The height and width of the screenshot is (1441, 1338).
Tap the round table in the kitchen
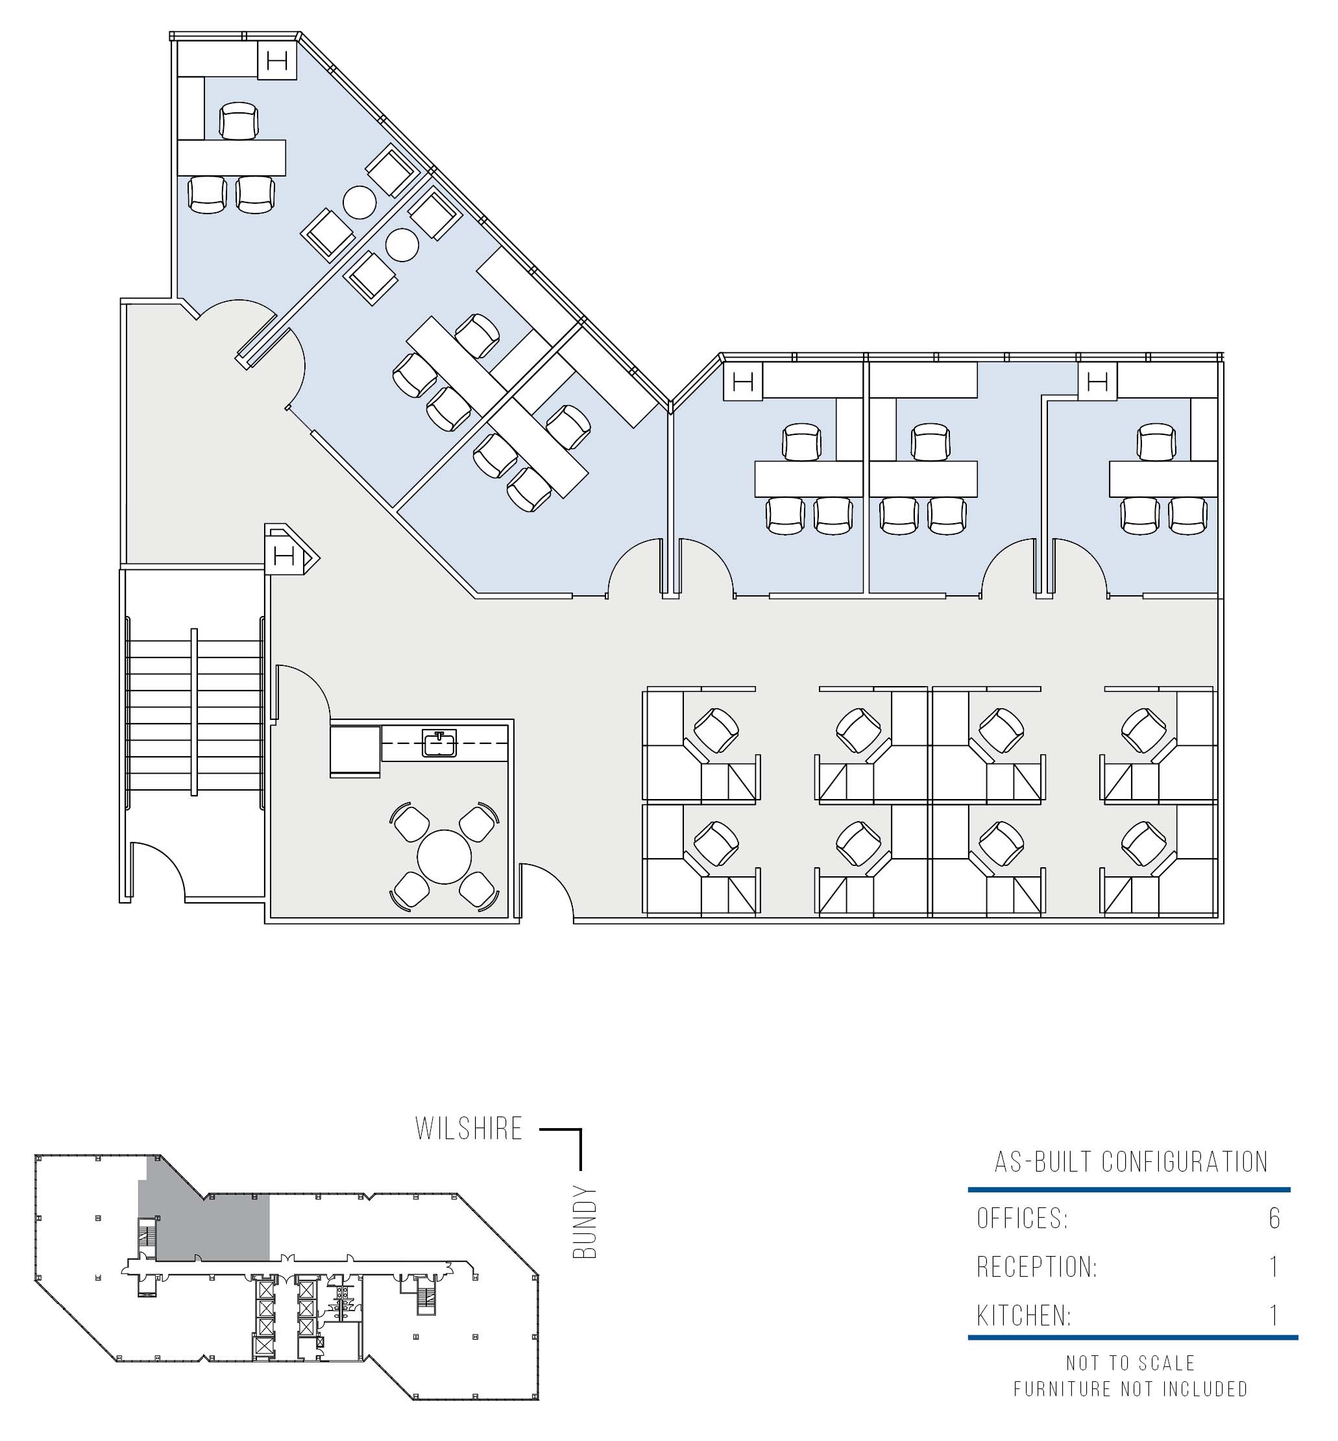[444, 857]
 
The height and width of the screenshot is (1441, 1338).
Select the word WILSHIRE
[469, 1129]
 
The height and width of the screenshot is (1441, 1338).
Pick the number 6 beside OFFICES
[1274, 1219]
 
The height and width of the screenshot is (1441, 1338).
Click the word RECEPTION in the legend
[1037, 1267]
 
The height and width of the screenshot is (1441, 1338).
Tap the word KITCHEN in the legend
[1024, 1316]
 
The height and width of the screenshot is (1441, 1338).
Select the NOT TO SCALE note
[1130, 1364]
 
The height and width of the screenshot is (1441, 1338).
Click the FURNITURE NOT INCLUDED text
[1130, 1389]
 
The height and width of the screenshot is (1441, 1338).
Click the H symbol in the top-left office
[277, 60]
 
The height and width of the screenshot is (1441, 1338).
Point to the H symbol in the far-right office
[1098, 381]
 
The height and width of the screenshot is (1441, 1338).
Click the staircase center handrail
[194, 713]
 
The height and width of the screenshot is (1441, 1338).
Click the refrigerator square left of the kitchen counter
[356, 750]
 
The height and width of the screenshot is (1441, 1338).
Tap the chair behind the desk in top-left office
[239, 121]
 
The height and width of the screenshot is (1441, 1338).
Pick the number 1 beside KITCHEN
[1275, 1316]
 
